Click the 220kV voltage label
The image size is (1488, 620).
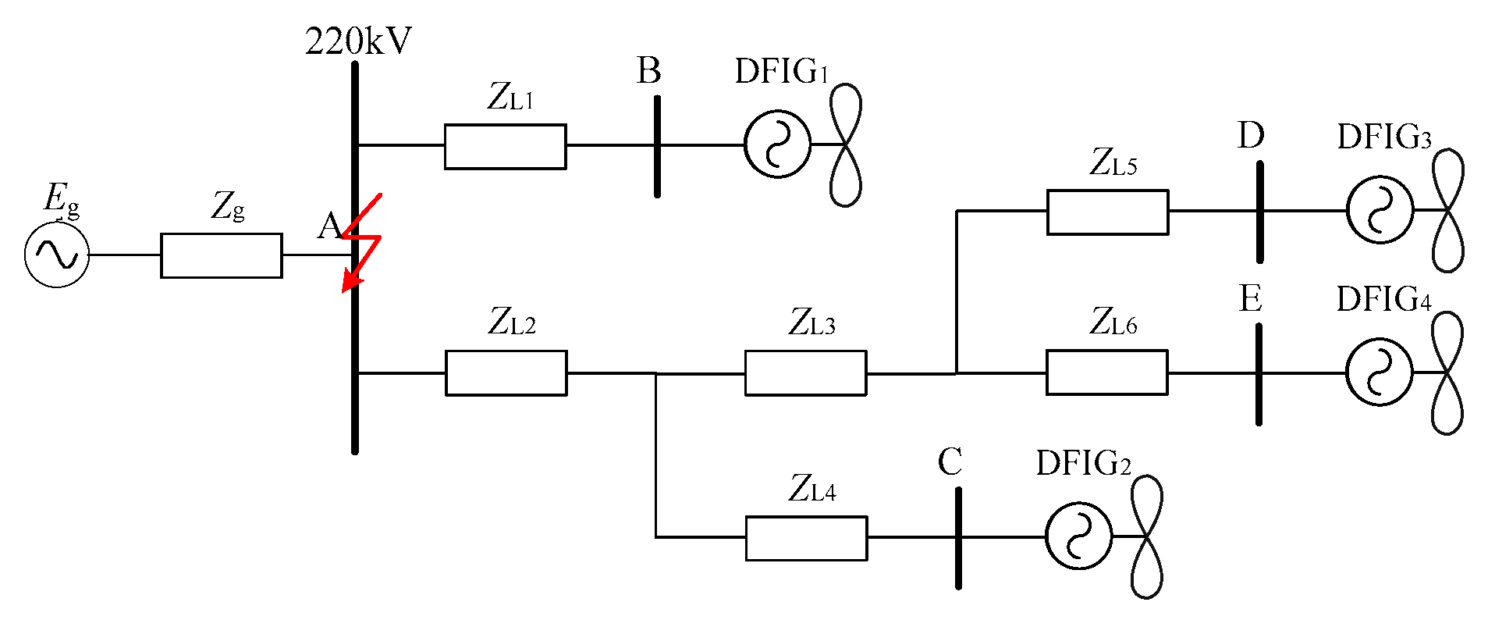coord(358,41)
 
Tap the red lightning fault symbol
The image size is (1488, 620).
coord(361,243)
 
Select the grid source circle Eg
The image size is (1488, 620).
coord(57,255)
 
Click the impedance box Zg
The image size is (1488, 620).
coord(222,255)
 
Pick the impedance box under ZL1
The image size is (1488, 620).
coord(505,146)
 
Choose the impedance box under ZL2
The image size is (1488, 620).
coord(506,372)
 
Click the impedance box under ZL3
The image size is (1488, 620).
coord(805,372)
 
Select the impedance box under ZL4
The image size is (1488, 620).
coord(806,538)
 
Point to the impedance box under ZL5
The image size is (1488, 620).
coord(1107,212)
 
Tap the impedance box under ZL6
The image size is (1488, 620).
coord(1106,372)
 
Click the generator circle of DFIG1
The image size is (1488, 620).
coord(777,144)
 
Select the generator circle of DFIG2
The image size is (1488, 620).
coord(1078,536)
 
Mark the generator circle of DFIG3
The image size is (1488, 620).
coord(1380,210)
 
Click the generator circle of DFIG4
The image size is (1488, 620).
coord(1379,372)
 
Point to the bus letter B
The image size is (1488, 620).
coord(648,71)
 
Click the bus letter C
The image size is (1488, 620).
coord(950,462)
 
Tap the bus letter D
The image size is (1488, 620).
coord(1250,136)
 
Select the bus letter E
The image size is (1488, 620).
coord(1250,299)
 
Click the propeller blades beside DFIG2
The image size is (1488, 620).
coord(1146,537)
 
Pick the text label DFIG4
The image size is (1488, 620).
coord(1383,300)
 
